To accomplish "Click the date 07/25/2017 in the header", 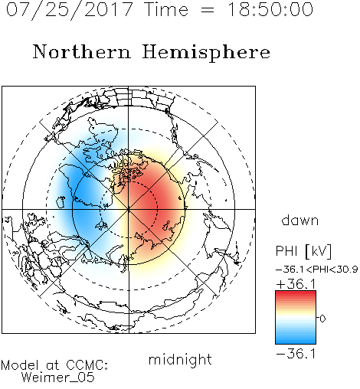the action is point(69,10).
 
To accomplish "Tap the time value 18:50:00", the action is point(270,9).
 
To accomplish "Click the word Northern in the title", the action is point(81,51).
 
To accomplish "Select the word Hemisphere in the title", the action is point(206,53).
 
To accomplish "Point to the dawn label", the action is point(300,220).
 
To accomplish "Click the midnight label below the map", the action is point(180,359).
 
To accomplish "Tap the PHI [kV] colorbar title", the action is point(303,251).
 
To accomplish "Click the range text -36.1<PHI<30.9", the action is point(316,270).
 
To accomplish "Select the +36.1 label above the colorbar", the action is point(296,284).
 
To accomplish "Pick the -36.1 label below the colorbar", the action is point(296,354).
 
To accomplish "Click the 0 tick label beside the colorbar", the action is point(322,319).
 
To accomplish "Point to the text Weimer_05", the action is point(58,378).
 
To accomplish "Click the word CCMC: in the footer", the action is point(87,365).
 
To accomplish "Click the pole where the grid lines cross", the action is point(129,209).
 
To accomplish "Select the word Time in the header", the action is point(166,9).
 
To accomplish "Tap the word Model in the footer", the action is point(20,365).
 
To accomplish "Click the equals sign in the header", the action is point(208,10).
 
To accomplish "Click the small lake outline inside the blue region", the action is point(61,202).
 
